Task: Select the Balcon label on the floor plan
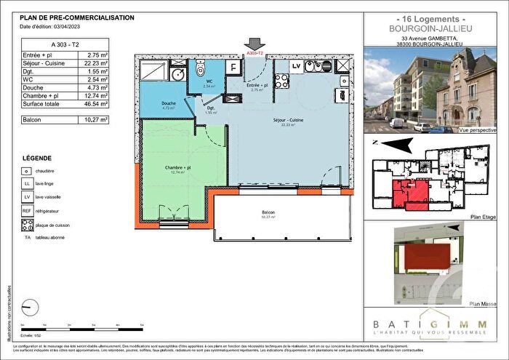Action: click(270, 213)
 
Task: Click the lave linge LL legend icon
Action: click(26, 185)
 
